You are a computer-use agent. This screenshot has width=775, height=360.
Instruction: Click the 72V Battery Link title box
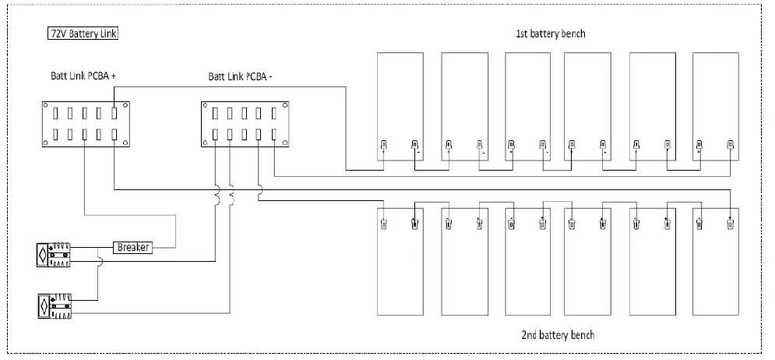82,34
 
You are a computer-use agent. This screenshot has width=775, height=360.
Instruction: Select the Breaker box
133,247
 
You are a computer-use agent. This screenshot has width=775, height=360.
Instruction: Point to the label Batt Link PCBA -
240,76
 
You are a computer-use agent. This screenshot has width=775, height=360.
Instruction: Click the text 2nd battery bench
558,335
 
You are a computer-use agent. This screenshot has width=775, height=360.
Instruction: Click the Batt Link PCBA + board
85,124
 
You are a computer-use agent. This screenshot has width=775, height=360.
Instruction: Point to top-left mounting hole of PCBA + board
46,107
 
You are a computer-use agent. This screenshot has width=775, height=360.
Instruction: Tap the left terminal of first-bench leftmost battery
383,144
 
